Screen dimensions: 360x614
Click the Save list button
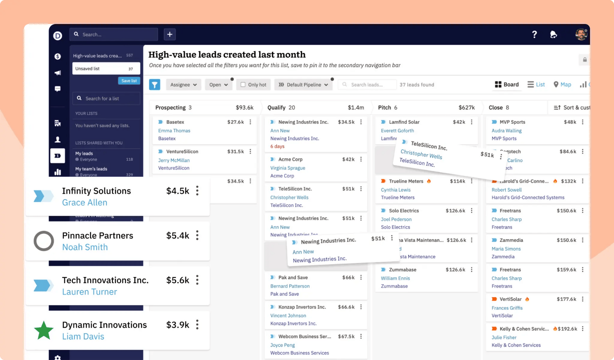[x=129, y=81]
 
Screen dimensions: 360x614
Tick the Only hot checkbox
[x=243, y=84]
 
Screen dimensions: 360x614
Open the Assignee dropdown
[x=183, y=84]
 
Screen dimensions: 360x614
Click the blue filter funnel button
[x=154, y=84]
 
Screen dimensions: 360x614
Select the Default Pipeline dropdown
[x=303, y=84]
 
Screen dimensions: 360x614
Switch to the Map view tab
[x=562, y=84]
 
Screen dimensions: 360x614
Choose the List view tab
[x=536, y=84]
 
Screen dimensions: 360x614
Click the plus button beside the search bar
[x=170, y=34]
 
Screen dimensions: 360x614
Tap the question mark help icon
[x=534, y=34]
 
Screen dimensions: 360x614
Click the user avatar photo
[x=581, y=34]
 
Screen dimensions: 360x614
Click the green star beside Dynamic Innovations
[x=44, y=330]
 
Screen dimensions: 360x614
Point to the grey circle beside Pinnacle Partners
[x=44, y=241]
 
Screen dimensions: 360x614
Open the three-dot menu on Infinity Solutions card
[x=197, y=191]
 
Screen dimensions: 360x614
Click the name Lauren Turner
[x=90, y=292]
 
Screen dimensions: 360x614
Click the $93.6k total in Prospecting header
[x=245, y=108]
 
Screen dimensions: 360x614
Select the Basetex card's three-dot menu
[x=250, y=122]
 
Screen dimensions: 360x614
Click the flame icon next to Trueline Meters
[x=429, y=181]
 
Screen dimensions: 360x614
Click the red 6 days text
[x=277, y=146]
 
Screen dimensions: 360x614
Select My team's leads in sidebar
[x=91, y=169]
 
